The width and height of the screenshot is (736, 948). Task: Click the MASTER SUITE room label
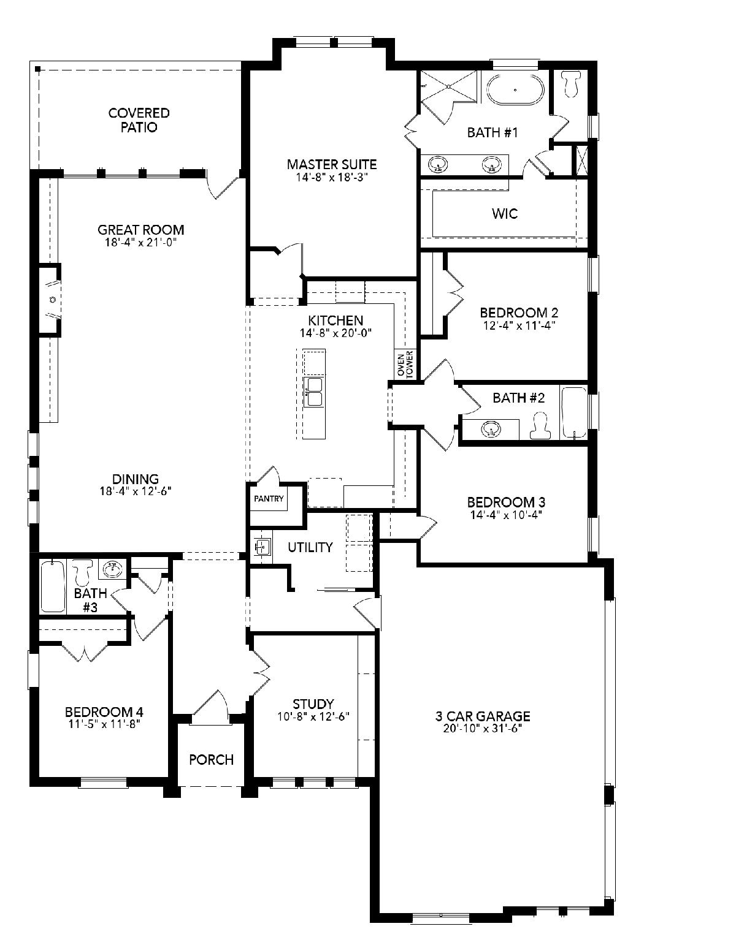click(x=332, y=164)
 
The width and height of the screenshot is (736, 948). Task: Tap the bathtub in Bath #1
click(x=516, y=89)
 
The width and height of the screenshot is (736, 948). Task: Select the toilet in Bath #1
click(x=572, y=83)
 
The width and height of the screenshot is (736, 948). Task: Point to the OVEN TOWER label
click(x=405, y=364)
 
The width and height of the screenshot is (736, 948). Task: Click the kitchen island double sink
click(x=313, y=392)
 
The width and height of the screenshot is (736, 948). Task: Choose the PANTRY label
click(x=269, y=499)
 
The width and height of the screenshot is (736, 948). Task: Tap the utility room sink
click(x=263, y=546)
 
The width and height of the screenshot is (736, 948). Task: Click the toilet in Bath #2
click(x=540, y=427)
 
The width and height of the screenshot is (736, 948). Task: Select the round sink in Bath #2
click(x=491, y=430)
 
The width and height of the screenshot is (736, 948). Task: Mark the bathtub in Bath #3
click(x=53, y=586)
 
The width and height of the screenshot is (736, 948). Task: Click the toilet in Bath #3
click(x=82, y=572)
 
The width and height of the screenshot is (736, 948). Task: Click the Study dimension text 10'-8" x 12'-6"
click(x=313, y=716)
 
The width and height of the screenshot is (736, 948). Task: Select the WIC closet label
click(x=505, y=214)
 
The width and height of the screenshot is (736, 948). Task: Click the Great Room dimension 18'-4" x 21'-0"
click(x=140, y=242)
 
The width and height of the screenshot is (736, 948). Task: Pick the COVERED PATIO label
click(x=139, y=120)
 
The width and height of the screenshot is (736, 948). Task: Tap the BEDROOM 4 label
click(x=104, y=712)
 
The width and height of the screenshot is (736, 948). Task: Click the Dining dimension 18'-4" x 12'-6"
click(x=136, y=491)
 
